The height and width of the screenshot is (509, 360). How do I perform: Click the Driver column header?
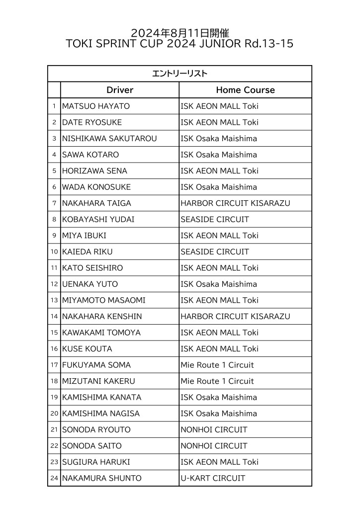pyautogui.click(x=120, y=90)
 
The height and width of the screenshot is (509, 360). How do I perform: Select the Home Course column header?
pyautogui.click(x=245, y=90)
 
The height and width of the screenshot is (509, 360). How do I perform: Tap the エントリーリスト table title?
pyautogui.click(x=180, y=74)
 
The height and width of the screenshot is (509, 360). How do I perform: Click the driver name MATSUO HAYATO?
pyautogui.click(x=96, y=106)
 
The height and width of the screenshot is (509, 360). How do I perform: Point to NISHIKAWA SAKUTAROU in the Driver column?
pyautogui.click(x=109, y=139)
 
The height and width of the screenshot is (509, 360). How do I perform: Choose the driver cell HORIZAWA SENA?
pyautogui.click(x=94, y=171)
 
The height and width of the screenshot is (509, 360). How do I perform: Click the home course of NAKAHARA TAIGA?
pyautogui.click(x=235, y=203)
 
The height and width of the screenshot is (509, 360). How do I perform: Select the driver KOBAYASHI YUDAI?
pyautogui.click(x=98, y=219)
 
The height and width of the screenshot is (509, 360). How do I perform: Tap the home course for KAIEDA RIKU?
pyautogui.click(x=215, y=252)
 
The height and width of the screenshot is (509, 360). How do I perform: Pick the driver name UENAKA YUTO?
pyautogui.click(x=90, y=284)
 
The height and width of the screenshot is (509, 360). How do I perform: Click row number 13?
pyautogui.click(x=54, y=300)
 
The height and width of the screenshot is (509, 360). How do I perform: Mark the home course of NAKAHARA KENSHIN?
pyautogui.click(x=235, y=317)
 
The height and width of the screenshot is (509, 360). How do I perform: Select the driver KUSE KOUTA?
pyautogui.click(x=87, y=349)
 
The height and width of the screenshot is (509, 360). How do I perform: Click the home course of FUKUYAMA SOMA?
pyautogui.click(x=217, y=365)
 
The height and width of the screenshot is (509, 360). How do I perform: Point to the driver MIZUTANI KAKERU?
pyautogui.click(x=98, y=381)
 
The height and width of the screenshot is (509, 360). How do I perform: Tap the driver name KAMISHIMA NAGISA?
pyautogui.click(x=101, y=414)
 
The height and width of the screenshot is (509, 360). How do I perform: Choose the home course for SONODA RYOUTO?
pyautogui.click(x=214, y=429)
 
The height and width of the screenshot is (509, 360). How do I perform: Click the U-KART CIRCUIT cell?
pyautogui.click(x=213, y=478)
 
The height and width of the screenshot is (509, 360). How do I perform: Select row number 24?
pyautogui.click(x=54, y=478)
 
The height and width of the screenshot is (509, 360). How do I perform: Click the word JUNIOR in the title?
pyautogui.click(x=218, y=44)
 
